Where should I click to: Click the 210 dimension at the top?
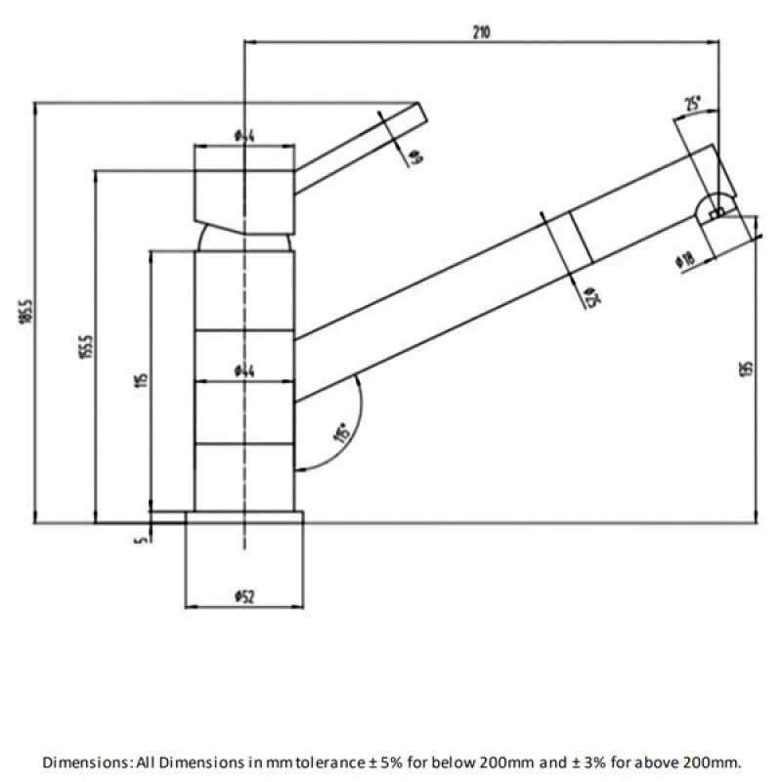tap(480, 31)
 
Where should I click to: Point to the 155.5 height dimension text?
tap(87, 346)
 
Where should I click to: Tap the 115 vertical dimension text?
tap(142, 380)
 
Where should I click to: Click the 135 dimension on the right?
tap(747, 370)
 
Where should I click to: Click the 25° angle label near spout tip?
tap(693, 105)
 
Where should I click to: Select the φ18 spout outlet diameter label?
tap(684, 260)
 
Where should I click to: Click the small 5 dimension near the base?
tap(142, 535)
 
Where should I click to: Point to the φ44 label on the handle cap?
tap(244, 136)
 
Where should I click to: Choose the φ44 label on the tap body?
tap(244, 370)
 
